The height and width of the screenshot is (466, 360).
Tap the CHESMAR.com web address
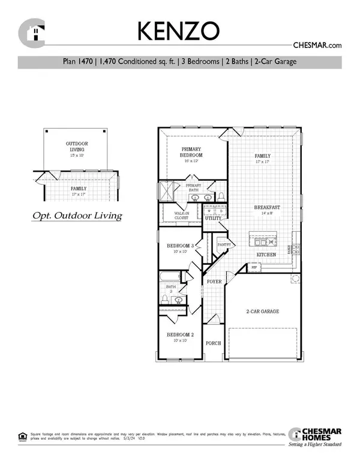coord(317,45)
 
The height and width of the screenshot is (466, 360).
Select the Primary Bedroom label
coord(192,152)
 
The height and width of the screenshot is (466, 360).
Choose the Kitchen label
coord(266,255)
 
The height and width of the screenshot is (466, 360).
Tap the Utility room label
coord(212,218)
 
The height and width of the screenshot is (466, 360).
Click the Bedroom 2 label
coord(180,337)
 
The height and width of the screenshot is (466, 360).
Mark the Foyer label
coord(214,281)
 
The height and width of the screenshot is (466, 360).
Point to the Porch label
coord(213,343)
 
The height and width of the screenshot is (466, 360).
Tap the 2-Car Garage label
coord(262,311)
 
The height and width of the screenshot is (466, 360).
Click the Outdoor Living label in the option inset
coord(76,147)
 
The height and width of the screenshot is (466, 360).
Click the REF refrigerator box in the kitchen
coord(253,268)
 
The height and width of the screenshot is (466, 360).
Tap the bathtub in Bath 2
coord(171,277)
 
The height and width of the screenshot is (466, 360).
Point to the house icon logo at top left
coord(31,32)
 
